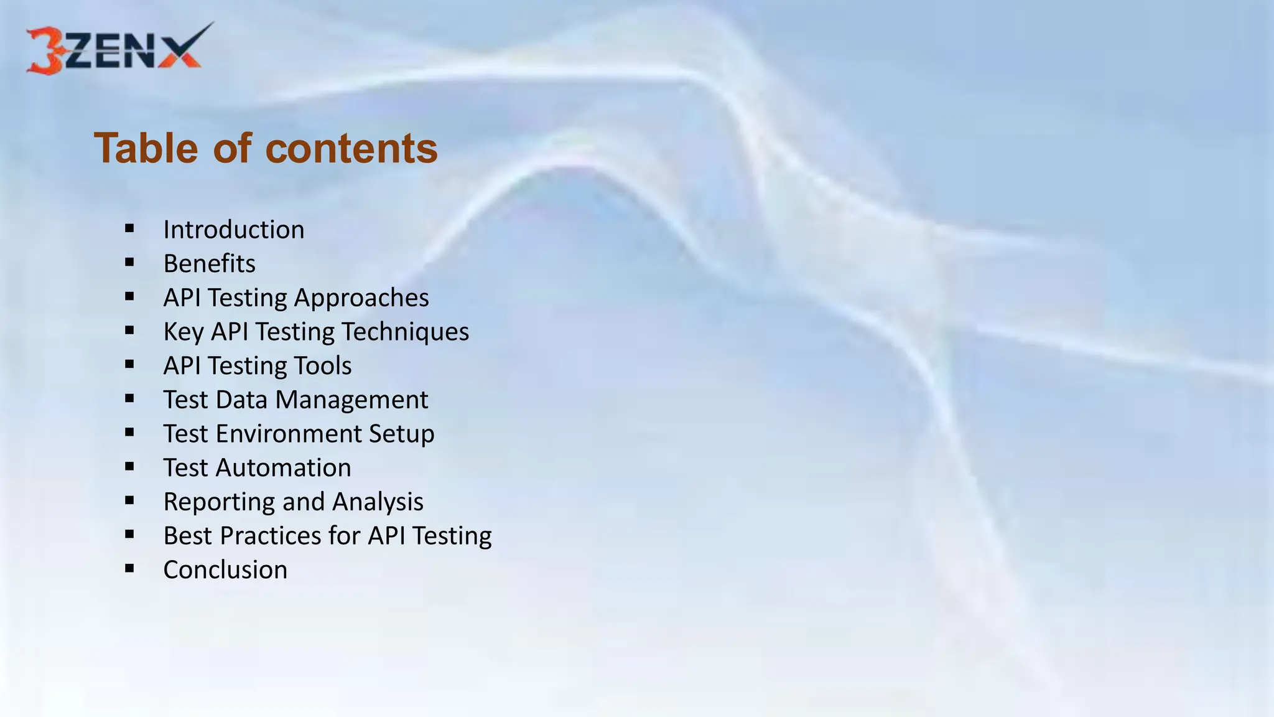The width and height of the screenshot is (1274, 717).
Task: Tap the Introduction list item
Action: [234, 230]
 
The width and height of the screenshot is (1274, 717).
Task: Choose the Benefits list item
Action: [209, 264]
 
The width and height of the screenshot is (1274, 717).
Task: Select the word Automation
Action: [283, 468]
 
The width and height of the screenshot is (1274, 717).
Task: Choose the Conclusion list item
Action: [225, 570]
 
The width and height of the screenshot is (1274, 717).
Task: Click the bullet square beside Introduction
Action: [129, 228]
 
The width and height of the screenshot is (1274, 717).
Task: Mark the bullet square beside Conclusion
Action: [129, 568]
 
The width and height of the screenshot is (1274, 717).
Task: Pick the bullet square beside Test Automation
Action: [129, 466]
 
